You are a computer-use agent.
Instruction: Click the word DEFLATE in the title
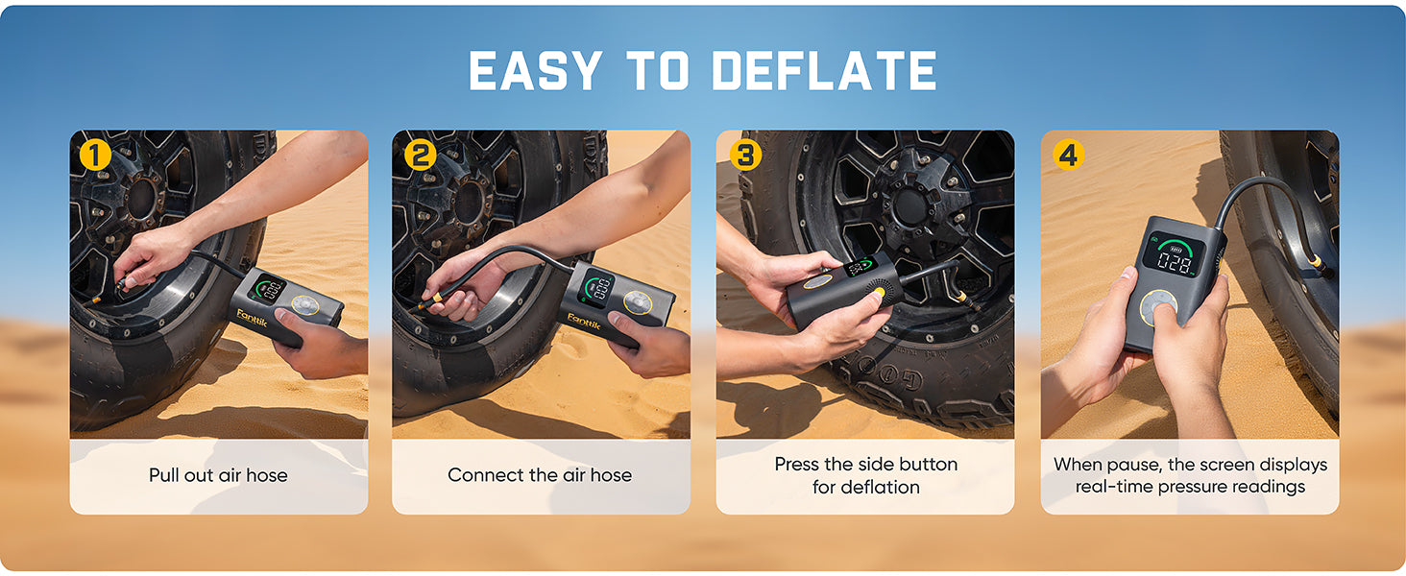point(824,71)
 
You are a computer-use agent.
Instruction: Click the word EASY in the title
point(535,71)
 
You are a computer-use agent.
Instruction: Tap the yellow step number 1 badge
point(94,155)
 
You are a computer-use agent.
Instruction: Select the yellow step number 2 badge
point(419,155)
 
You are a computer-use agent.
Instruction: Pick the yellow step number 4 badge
point(1068,155)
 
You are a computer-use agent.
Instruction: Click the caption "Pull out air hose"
point(218,475)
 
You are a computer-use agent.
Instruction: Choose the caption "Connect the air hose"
point(540,475)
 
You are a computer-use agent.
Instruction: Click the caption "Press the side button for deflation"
point(865,475)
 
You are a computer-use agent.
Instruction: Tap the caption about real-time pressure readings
point(1190,475)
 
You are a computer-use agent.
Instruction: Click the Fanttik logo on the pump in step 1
point(252,317)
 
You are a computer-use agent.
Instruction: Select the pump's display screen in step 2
point(597,287)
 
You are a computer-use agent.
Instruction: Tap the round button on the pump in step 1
point(306,305)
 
